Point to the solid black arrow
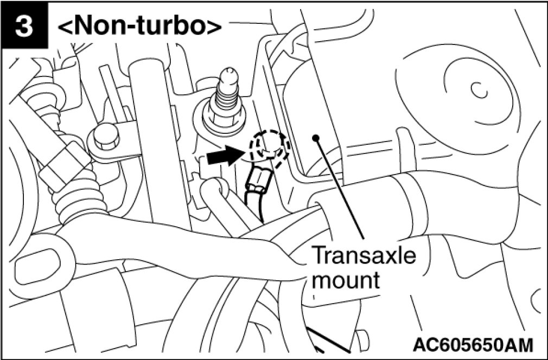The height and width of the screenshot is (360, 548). point(224,156)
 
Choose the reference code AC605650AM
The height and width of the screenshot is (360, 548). point(471,344)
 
